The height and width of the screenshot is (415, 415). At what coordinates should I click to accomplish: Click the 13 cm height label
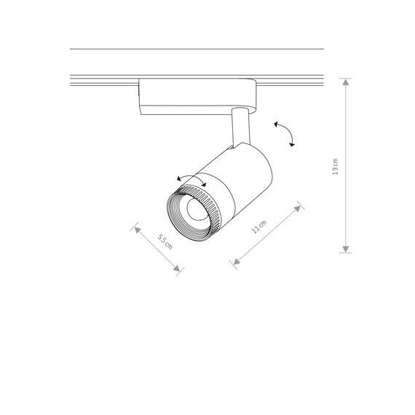[x=335, y=167]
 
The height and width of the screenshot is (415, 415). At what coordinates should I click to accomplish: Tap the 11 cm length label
[x=258, y=227]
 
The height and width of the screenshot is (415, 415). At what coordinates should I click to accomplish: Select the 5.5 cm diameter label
[x=165, y=240]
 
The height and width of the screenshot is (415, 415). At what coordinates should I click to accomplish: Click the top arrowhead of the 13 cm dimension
[x=347, y=82]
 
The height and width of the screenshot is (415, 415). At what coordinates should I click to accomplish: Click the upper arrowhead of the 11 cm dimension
[x=298, y=208]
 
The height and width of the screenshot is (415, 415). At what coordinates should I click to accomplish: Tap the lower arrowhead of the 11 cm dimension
[x=234, y=261]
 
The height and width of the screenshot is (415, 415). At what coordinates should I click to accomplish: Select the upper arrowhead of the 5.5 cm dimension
[x=136, y=228]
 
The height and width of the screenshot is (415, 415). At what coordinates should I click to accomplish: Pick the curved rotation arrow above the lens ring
[x=191, y=180]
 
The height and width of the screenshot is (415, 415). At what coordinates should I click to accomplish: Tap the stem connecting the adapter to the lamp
[x=238, y=127]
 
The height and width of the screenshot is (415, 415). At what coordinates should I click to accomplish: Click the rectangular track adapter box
[x=197, y=96]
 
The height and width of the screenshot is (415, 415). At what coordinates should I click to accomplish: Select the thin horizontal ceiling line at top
[x=197, y=49]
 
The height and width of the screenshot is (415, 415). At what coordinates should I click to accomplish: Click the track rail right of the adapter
[x=291, y=79]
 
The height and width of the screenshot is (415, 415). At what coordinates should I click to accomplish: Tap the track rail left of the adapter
[x=102, y=79]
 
